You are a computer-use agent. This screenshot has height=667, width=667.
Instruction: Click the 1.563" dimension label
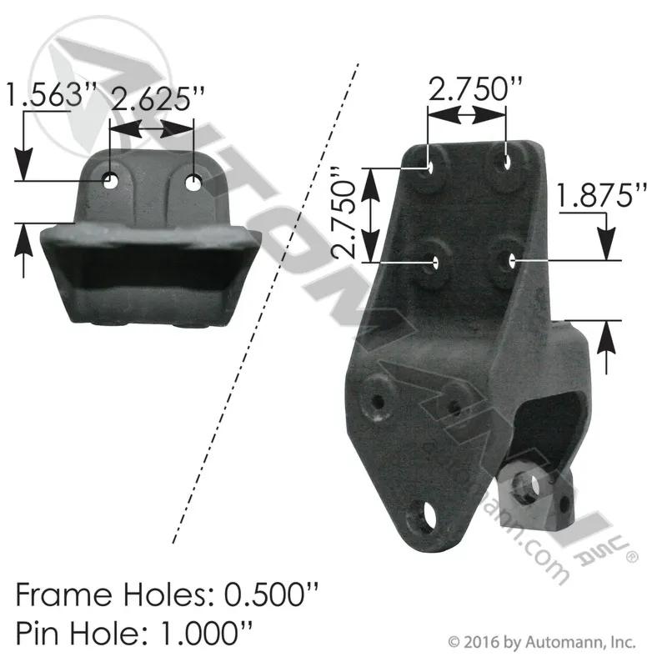pyautogui.click(x=51, y=94)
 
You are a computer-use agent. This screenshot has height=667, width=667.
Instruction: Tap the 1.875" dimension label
pyautogui.click(x=601, y=195)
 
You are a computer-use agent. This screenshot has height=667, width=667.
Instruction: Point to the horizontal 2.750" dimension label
pyautogui.click(x=475, y=89)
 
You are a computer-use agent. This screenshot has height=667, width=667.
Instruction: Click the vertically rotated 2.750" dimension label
pyautogui.click(x=344, y=213)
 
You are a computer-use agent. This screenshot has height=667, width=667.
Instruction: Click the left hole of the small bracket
pyautogui.click(x=111, y=181)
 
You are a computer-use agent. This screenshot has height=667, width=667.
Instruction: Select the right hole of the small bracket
pyautogui.click(x=193, y=183)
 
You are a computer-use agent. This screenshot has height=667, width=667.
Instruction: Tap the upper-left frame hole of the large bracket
pyautogui.click(x=429, y=167)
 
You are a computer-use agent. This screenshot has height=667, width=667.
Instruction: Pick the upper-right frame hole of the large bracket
pyautogui.click(x=508, y=161)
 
